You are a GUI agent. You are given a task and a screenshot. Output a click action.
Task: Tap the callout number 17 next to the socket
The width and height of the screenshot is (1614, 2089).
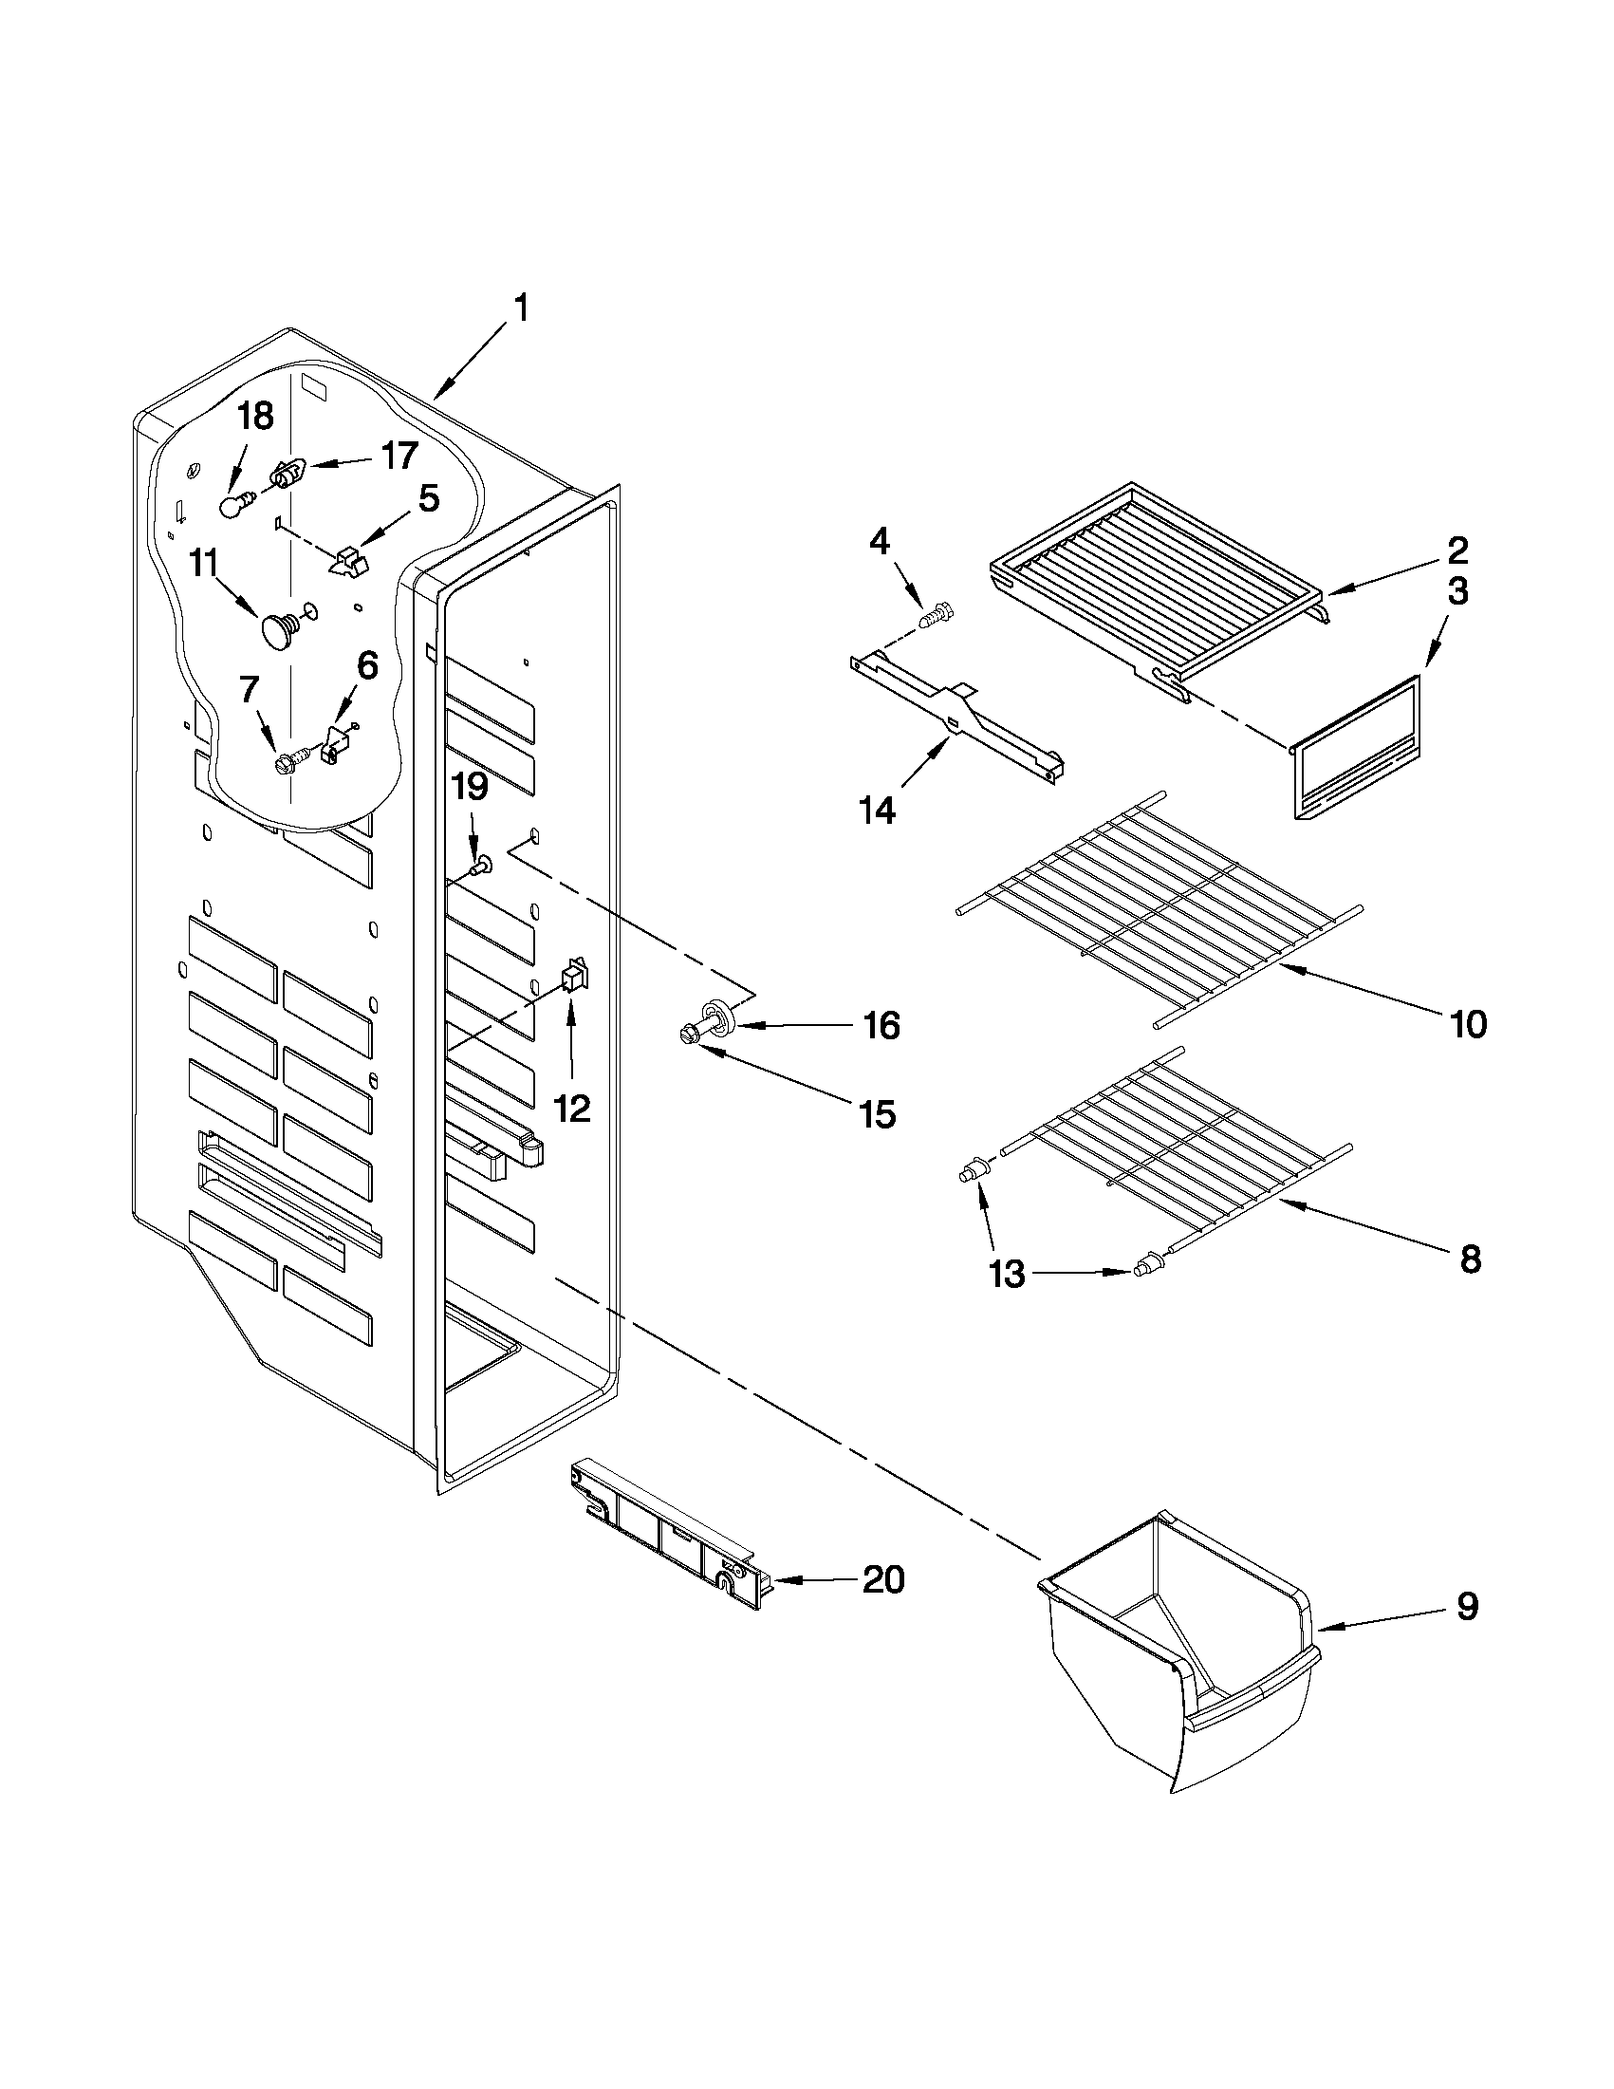tap(399, 457)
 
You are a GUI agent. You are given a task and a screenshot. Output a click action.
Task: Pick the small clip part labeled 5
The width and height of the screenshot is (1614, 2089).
tap(348, 561)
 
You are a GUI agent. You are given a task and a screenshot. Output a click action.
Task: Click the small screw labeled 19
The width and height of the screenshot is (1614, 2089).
tap(482, 867)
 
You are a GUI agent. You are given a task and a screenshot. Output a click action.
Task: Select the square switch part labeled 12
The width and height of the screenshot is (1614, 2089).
tap(574, 975)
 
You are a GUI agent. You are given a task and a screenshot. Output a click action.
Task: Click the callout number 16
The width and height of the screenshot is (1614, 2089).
tap(881, 1025)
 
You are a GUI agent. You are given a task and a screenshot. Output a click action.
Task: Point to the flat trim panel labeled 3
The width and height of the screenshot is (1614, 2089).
tap(1355, 747)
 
